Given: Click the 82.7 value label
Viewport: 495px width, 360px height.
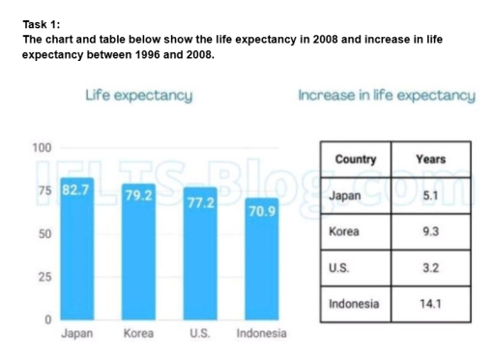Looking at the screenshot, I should pos(76,189).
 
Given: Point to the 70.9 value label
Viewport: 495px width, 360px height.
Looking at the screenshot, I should pos(261,211).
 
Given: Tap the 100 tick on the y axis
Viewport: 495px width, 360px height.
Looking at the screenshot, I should pos(41,148).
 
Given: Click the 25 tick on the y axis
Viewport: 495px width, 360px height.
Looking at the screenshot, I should pos(44,278).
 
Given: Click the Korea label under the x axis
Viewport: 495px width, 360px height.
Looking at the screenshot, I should pos(138,334).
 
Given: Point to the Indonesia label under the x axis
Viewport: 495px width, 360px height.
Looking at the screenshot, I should pos(261,334).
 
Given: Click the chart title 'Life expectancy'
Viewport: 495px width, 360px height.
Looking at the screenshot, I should pos(138,96).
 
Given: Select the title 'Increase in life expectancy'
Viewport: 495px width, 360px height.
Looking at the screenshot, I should pos(387,96).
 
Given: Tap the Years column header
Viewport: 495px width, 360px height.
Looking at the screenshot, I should pos(430,159).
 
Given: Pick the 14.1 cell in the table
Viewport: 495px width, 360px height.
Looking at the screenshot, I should pos(430,303).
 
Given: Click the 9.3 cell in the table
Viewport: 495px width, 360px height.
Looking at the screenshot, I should pos(430,232).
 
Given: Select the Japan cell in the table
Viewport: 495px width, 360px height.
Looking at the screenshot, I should pos(345,195).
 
